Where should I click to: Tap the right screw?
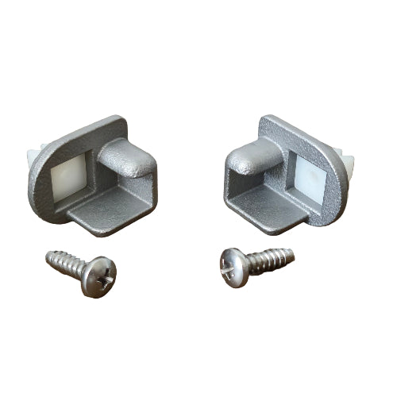click(253, 261)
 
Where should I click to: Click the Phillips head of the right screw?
click(233, 264)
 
